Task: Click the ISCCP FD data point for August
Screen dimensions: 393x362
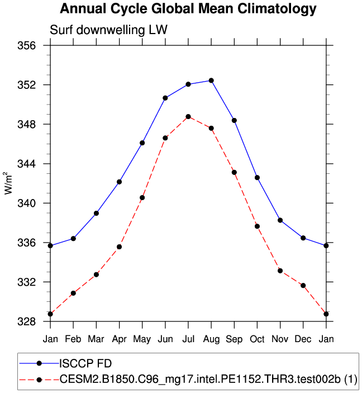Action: coord(211,81)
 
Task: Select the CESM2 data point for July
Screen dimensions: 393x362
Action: coord(188,116)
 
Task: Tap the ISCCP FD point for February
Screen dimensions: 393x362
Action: coord(73,239)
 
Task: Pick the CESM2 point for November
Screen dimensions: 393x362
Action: coord(280,271)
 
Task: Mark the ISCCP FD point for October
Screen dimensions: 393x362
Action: coord(257,177)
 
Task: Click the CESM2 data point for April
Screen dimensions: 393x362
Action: coord(119,247)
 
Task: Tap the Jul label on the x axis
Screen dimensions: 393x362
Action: coord(188,339)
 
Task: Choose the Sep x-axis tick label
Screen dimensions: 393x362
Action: coord(234,339)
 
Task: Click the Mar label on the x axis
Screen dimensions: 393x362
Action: coord(96,339)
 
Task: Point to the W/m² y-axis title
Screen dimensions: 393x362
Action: coord(8,183)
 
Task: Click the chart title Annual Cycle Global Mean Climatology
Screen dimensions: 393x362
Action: coord(188,9)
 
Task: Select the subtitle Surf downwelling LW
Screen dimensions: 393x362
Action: coord(109,30)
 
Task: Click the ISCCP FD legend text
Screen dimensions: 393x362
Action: coord(89,363)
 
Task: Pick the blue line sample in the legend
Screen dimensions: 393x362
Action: coord(39,363)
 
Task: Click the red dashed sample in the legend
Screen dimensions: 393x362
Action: coord(39,380)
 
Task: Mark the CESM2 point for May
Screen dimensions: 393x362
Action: coord(142,197)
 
